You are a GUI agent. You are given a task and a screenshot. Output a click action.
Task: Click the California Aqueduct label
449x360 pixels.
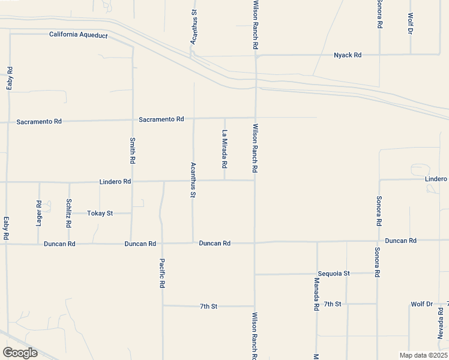[x=79, y=35]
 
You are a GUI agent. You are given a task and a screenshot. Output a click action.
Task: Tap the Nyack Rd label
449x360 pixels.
[x=348, y=55]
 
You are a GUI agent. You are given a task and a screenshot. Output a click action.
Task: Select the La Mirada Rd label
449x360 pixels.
[x=225, y=149]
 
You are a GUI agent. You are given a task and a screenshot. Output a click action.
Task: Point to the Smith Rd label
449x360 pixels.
[x=133, y=152]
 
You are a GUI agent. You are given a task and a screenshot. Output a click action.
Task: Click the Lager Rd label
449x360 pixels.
[x=39, y=213]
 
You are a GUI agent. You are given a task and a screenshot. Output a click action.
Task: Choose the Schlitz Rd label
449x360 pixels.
[x=69, y=213]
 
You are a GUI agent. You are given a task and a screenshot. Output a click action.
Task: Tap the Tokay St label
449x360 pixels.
[x=100, y=213]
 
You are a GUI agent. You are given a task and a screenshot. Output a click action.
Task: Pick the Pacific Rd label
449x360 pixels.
[x=162, y=273]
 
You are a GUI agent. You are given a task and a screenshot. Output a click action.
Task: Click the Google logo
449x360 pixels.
[x=20, y=353]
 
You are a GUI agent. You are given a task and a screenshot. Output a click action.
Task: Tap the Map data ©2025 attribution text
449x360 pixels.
[x=423, y=355]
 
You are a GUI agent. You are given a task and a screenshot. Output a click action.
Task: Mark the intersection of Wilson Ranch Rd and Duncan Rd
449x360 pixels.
[x=255, y=242]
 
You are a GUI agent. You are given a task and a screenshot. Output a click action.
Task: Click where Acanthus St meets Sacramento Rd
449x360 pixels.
[x=193, y=119]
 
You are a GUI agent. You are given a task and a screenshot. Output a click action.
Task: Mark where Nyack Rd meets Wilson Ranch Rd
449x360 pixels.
[x=256, y=56]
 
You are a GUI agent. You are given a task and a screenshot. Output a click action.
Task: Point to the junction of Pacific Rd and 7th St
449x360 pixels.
[x=163, y=305]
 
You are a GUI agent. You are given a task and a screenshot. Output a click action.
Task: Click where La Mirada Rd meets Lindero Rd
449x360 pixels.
[x=225, y=180]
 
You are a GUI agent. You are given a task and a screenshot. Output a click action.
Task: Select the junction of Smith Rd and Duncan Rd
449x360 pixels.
[x=132, y=244]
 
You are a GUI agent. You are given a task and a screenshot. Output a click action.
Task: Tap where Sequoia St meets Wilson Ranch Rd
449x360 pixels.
[x=255, y=274]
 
